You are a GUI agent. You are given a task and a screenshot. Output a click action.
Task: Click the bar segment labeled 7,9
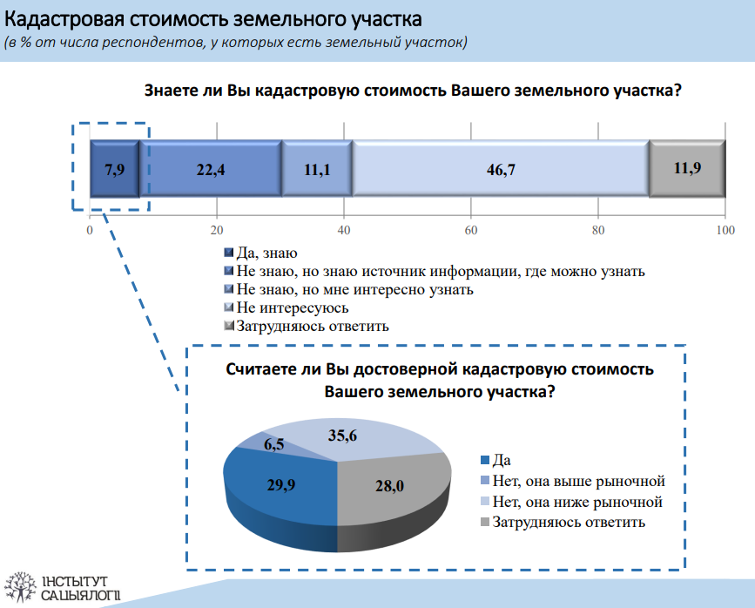[x=115, y=169]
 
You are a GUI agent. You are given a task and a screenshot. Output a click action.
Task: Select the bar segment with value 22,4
[x=211, y=169]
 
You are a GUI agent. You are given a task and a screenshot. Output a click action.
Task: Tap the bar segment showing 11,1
[x=317, y=169]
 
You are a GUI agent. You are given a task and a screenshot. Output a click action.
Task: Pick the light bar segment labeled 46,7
[x=501, y=169]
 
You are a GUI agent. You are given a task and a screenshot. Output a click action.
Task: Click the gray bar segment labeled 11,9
[x=687, y=169]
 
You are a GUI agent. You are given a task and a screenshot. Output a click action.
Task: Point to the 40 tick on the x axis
[x=344, y=230]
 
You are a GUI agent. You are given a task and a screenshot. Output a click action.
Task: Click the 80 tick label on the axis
[x=598, y=230]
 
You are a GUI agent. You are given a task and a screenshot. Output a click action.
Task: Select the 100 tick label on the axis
[x=725, y=230]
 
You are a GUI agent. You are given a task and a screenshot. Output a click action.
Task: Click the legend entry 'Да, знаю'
[x=261, y=253]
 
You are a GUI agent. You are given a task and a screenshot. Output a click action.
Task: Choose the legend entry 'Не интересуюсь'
[x=286, y=307]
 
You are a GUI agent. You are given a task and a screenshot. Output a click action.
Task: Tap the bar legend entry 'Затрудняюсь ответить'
[x=307, y=326]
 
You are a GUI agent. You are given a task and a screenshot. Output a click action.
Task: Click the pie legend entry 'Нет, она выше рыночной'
[x=573, y=481]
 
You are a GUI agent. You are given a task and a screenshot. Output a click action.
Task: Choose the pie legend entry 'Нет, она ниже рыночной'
[x=571, y=502]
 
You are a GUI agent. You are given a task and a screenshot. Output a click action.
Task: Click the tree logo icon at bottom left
[x=20, y=587]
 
